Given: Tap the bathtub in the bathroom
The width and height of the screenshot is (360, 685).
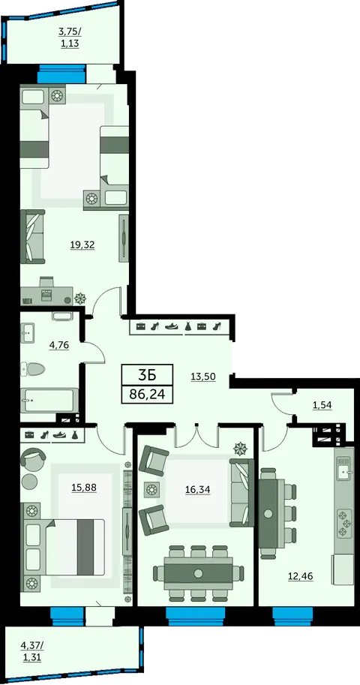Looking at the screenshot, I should [46, 401].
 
